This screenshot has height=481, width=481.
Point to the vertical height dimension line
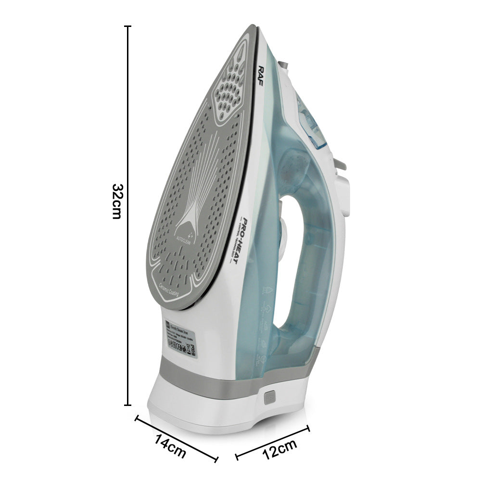point(128,216)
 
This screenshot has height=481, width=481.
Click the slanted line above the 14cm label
point(177,431)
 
